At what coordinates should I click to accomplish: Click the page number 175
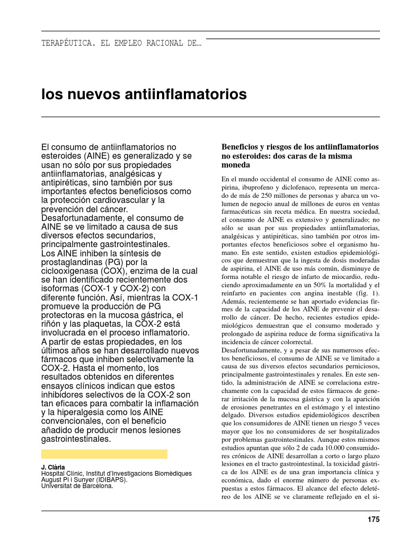374,520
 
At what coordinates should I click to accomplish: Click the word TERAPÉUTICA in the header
66,43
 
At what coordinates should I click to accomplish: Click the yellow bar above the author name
104,454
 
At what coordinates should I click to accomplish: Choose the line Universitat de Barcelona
77,485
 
